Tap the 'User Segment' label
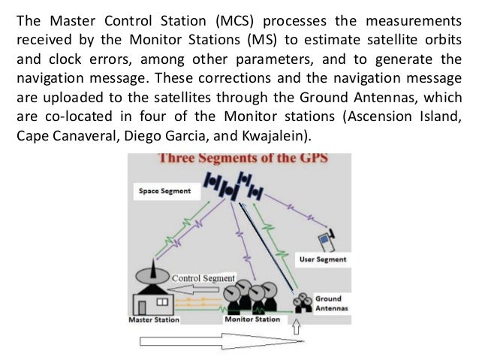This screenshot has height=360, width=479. (323, 259)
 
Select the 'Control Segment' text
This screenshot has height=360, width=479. (204, 277)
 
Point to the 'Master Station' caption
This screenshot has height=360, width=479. (153, 319)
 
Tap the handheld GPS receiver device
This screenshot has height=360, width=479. (324, 240)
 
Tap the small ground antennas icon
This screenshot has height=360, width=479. (304, 301)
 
